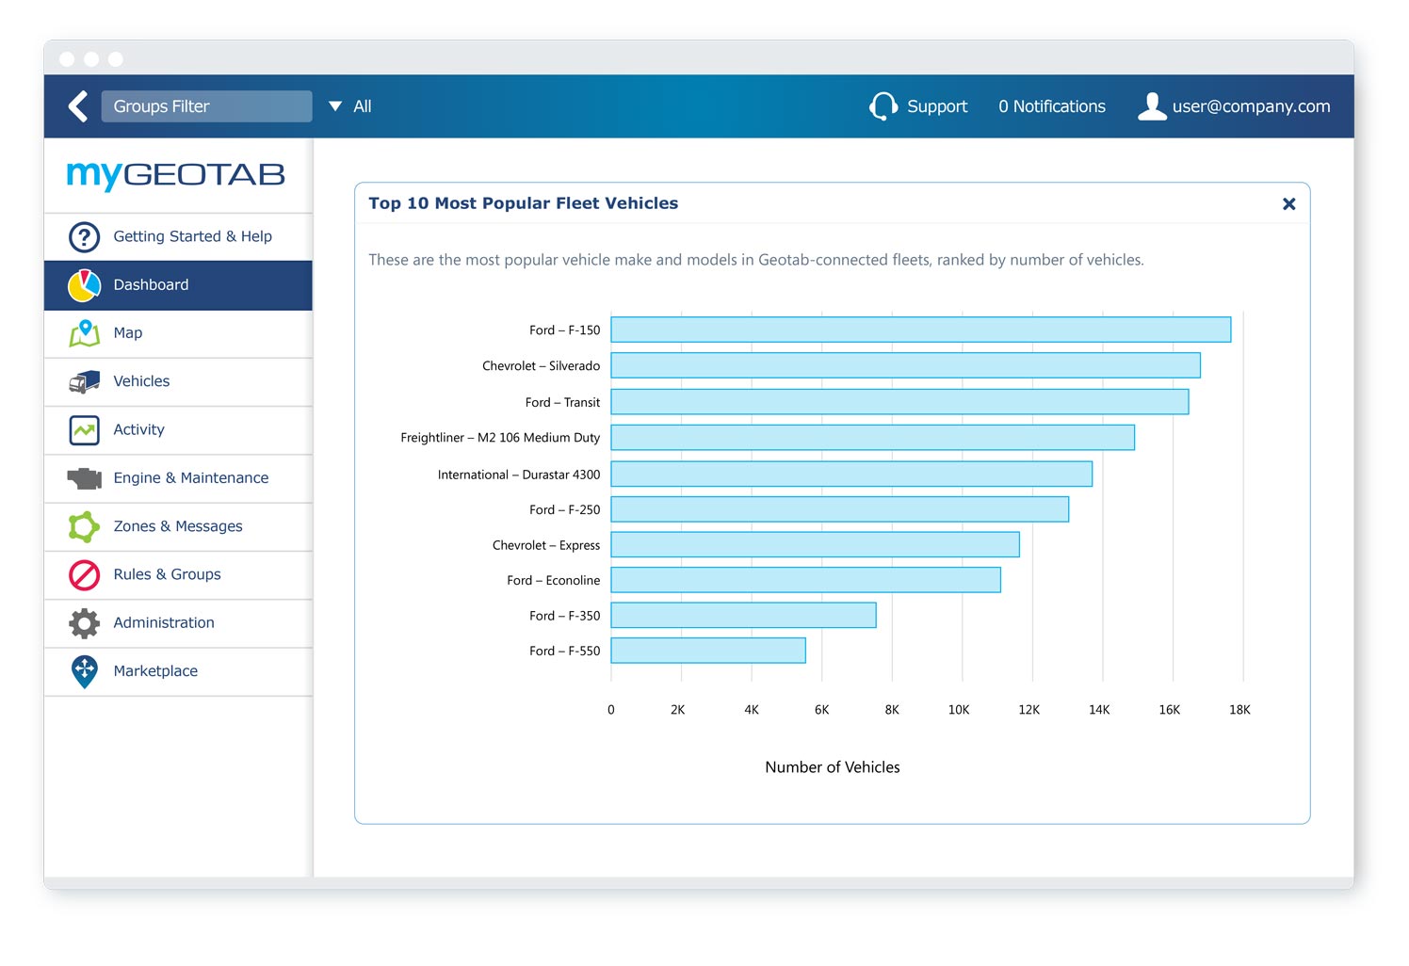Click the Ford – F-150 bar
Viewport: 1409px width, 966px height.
pos(920,330)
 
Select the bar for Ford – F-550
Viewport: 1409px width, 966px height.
pos(708,651)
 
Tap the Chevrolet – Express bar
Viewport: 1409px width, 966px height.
pos(815,545)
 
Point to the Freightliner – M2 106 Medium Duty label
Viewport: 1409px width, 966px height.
pos(500,438)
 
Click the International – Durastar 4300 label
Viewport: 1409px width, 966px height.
pos(519,475)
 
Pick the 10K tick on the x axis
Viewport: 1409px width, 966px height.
pos(959,710)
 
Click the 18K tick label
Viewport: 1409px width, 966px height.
pos(1239,710)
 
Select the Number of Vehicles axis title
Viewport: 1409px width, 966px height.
pos(832,767)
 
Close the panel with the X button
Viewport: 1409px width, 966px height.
pos(1288,204)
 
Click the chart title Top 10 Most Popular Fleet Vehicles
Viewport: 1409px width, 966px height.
pos(523,203)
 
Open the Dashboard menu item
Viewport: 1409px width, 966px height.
pos(151,285)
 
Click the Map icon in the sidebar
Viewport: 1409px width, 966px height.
pos(85,333)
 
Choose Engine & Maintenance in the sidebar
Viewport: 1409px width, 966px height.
pos(190,478)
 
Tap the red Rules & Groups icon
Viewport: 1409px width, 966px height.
pos(85,574)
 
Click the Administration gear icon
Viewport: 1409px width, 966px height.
pos(85,623)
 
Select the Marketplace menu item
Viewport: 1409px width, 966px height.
pos(155,671)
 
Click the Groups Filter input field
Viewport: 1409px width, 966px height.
pos(206,106)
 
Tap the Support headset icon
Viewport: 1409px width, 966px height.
pos(883,106)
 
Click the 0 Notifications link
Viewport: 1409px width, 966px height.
pos(1052,106)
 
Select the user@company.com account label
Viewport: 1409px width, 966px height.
pos(1251,106)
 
